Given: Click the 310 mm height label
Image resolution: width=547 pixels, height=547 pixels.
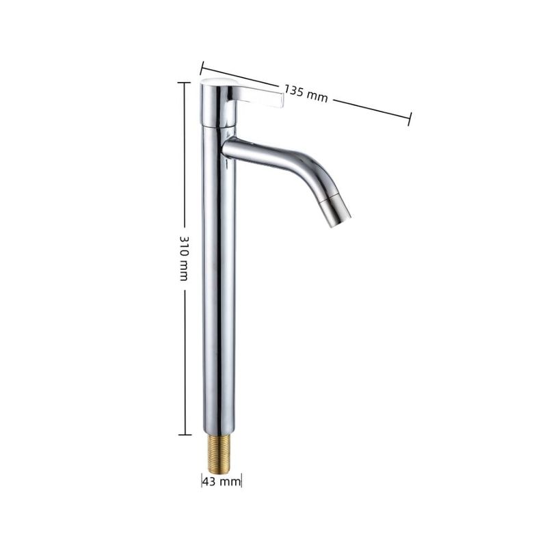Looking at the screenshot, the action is pyautogui.click(x=184, y=258).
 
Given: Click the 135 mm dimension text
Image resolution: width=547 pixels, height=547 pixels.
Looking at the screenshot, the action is pyautogui.click(x=306, y=94).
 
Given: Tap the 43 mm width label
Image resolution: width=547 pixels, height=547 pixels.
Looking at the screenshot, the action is pyautogui.click(x=222, y=482).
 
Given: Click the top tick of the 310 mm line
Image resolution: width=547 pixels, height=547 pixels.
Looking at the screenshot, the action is pyautogui.click(x=184, y=83).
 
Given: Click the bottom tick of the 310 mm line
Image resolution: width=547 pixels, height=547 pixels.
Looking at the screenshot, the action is pyautogui.click(x=185, y=435).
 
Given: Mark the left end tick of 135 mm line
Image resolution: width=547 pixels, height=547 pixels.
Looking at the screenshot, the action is pyautogui.click(x=201, y=68).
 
